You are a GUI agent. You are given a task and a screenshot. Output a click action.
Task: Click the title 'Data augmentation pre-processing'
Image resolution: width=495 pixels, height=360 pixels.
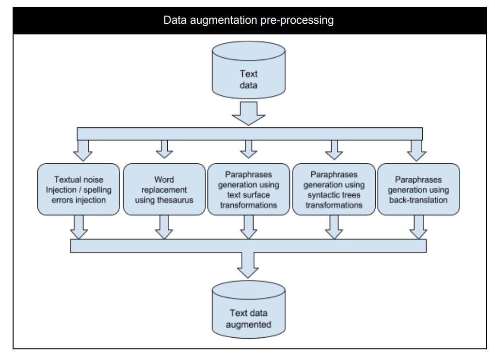[x=248, y=21]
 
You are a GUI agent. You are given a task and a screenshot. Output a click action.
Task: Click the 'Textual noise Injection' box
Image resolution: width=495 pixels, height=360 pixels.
[x=79, y=189]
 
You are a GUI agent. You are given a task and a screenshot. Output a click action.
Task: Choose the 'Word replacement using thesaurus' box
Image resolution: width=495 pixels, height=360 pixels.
[x=164, y=189]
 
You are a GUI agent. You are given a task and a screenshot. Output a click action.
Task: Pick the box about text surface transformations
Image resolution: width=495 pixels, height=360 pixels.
[x=248, y=189]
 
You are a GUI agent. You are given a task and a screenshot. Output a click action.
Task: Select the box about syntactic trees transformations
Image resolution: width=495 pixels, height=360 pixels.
[x=334, y=189]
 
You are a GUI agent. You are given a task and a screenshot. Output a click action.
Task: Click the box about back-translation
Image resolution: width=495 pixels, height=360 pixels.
[x=418, y=189]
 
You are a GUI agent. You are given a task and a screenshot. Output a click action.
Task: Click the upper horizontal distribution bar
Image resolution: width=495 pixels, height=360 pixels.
[x=248, y=134]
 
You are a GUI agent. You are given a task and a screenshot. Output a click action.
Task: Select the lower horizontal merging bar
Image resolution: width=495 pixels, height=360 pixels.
[x=248, y=246]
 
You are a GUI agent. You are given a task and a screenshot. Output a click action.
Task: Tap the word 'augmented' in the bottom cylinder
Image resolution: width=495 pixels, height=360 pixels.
[x=248, y=324]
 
